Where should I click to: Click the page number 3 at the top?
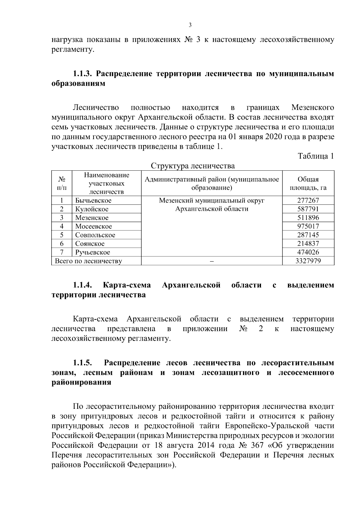click(190, 25)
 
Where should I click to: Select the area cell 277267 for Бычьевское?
click(308, 200)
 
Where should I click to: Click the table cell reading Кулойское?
click(92, 209)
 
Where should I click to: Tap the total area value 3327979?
click(308, 261)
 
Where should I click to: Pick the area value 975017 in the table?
click(308, 226)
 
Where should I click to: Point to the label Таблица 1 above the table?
click(316, 156)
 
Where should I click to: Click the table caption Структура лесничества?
click(193, 166)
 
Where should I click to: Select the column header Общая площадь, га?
click(308, 184)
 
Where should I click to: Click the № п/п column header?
click(61, 184)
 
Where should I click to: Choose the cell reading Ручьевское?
click(93, 252)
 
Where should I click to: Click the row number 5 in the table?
click(61, 235)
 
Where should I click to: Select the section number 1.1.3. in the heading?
click(83, 74)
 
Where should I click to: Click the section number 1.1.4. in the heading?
click(83, 285)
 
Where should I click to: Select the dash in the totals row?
click(211, 261)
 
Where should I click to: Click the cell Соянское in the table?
click(90, 244)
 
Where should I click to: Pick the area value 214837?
click(308, 244)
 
